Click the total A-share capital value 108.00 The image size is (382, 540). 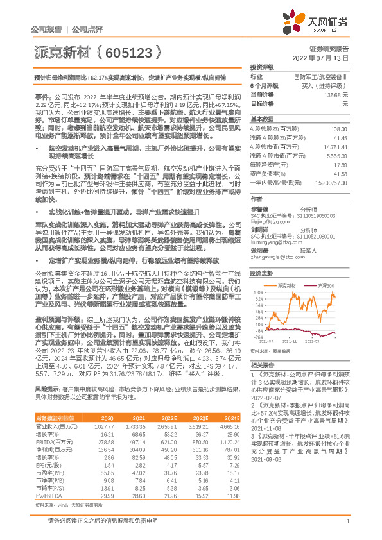[x=340, y=130]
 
